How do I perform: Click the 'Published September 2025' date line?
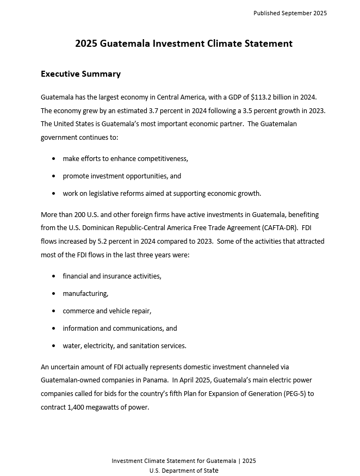tap(290, 13)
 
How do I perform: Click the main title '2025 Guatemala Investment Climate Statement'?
tap(184, 44)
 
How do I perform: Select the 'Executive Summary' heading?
tap(80, 74)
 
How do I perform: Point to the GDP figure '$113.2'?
tap(261, 97)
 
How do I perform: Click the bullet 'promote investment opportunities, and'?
tap(122, 176)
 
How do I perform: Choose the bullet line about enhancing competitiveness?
tap(125, 159)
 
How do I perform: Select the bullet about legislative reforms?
tap(162, 194)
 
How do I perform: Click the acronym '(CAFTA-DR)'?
tap(279, 228)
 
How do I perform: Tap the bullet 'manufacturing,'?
tap(85, 294)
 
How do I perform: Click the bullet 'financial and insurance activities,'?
tap(111, 276)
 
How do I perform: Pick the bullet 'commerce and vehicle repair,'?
tap(107, 311)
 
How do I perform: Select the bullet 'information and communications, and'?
tap(120, 329)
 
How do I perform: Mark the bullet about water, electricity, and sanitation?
tap(124, 346)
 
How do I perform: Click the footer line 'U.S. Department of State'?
tap(184, 471)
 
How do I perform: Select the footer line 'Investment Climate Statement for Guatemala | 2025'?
tap(184, 461)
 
